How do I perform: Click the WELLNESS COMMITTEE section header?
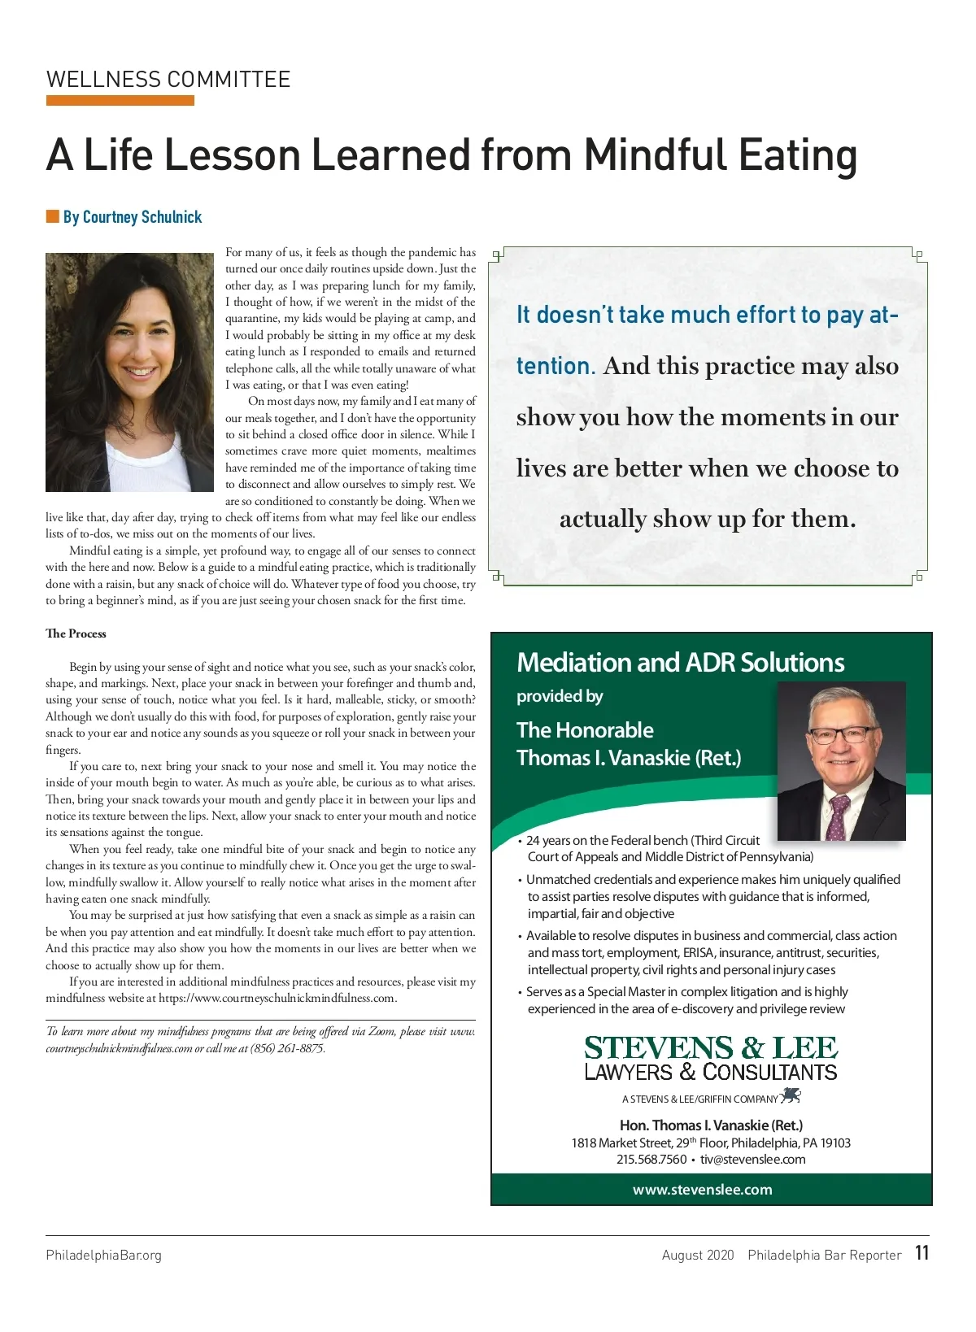pos(168,80)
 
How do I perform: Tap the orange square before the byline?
pos(53,216)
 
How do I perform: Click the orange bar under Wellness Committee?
pos(120,101)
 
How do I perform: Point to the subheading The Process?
pos(76,633)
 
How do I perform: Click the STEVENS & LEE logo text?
pos(711,1048)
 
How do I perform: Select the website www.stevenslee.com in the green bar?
pos(703,1190)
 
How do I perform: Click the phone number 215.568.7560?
pos(651,1160)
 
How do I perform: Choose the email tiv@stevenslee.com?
pos(753,1160)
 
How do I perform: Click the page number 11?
pos(922,1253)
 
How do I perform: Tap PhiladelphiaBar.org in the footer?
pos(104,1255)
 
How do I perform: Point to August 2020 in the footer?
pos(698,1255)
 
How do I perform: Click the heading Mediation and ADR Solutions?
pos(681,663)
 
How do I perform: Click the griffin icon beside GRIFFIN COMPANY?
pos(791,1097)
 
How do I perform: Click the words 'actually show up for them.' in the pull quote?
pos(708,519)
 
